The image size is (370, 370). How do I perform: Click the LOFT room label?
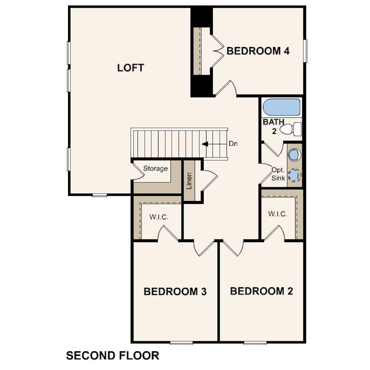131,68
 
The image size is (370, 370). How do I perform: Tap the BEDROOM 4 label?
258,51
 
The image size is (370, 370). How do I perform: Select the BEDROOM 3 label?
175,291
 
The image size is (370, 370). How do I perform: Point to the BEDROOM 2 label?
261,291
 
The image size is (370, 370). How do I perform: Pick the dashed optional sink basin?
295,175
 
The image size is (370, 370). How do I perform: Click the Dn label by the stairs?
233,144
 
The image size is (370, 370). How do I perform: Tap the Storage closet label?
155,169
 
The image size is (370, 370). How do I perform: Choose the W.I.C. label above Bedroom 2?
277,214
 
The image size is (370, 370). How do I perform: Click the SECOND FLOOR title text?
112,355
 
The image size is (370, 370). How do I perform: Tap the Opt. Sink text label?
278,174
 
